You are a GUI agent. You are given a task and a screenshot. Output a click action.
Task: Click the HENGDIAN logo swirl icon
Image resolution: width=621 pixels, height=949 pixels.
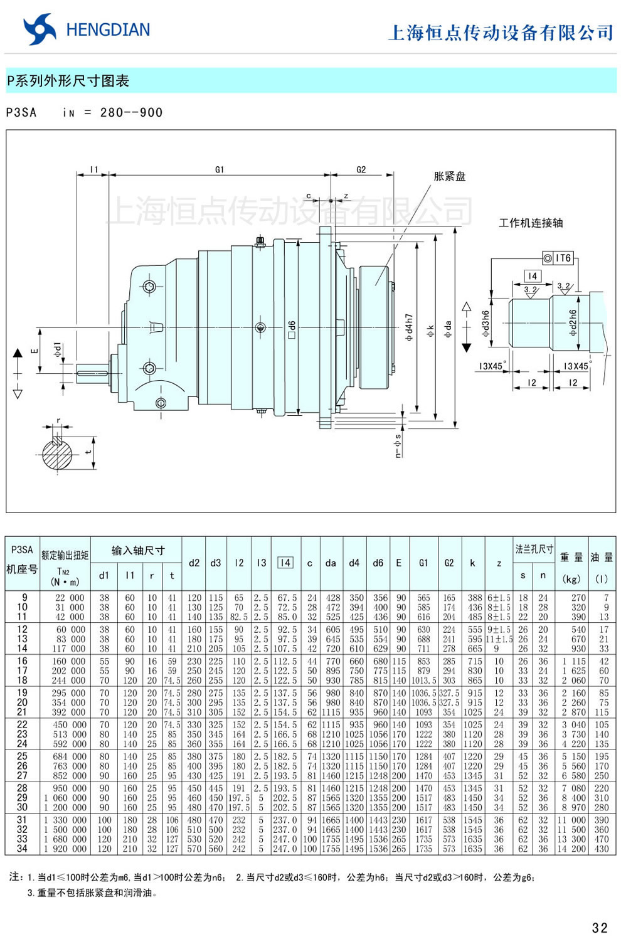pyautogui.click(x=39, y=29)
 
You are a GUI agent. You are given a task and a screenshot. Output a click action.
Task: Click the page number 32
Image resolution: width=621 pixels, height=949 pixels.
pyautogui.click(x=599, y=928)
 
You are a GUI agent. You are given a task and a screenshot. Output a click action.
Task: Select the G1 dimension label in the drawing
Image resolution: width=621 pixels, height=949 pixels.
pyautogui.click(x=219, y=169)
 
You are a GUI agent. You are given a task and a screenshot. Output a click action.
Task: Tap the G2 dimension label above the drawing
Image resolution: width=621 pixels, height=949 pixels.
pyautogui.click(x=361, y=169)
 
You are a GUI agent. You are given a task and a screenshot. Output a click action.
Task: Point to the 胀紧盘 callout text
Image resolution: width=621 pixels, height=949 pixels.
pyautogui.click(x=450, y=176)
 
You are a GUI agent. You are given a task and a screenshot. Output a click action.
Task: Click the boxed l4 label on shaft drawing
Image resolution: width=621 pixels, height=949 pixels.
pyautogui.click(x=532, y=276)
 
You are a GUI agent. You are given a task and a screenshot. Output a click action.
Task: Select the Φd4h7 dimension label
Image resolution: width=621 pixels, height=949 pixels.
pyautogui.click(x=409, y=327)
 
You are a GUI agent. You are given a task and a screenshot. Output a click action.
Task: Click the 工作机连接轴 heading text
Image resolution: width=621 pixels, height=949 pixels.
pyautogui.click(x=531, y=223)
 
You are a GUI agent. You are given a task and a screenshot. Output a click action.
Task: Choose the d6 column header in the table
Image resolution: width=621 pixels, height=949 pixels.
pyautogui.click(x=378, y=563)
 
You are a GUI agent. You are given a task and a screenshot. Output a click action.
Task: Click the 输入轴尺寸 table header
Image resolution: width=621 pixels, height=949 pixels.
pyautogui.click(x=138, y=550)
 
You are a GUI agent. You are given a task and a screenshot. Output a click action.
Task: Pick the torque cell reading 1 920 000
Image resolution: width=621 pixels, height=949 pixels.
pyautogui.click(x=65, y=849)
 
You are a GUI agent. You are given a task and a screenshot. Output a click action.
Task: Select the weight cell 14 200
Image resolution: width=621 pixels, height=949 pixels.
pyautogui.click(x=571, y=849)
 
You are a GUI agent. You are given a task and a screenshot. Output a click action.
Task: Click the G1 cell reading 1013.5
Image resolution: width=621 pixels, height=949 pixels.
pyautogui.click(x=423, y=680)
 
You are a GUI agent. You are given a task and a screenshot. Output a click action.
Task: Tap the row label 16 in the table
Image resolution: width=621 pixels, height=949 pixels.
pyautogui.click(x=22, y=661)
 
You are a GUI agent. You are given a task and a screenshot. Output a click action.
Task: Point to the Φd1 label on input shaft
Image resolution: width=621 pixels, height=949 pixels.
pyautogui.click(x=57, y=350)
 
